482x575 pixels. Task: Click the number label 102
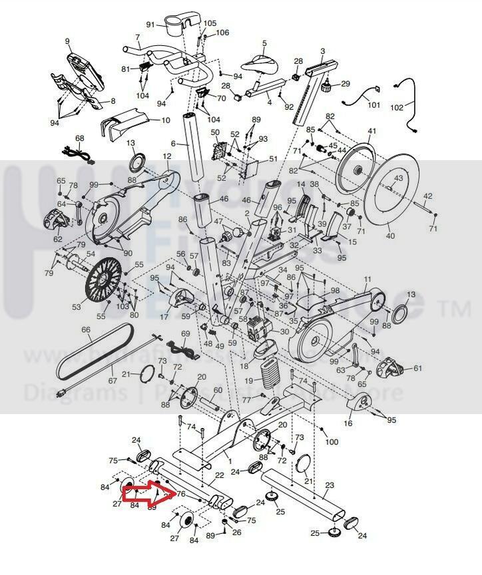pyautogui.click(x=396, y=107)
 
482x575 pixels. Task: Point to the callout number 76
pyautogui.click(x=180, y=494)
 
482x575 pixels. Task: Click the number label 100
pyautogui.click(x=331, y=442)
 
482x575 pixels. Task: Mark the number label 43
pyautogui.click(x=399, y=178)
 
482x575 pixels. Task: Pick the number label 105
pyautogui.click(x=210, y=23)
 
